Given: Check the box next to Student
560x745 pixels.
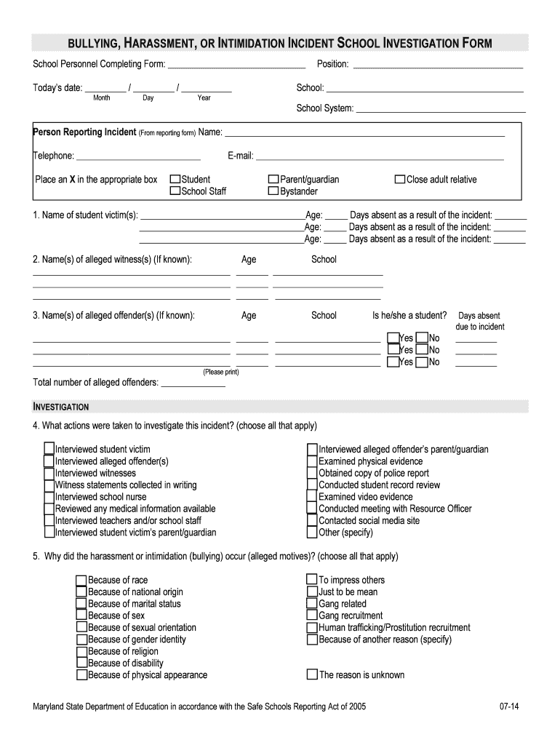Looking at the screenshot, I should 175,180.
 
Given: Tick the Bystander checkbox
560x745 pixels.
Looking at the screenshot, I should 273,192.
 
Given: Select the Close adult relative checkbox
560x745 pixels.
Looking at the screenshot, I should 399,180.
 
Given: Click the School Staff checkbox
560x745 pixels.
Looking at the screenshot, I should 175,192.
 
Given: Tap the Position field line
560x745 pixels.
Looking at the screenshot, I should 437,67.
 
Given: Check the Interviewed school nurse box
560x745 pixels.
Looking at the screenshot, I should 49,497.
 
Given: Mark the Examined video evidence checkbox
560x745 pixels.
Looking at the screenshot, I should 312,497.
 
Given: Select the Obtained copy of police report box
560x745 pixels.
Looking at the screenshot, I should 312,473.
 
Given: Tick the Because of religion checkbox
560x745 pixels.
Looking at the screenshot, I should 81,651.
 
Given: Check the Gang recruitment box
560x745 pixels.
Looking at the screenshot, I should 312,615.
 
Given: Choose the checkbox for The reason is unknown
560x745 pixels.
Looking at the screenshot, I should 312,674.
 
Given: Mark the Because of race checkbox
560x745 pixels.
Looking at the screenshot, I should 81,580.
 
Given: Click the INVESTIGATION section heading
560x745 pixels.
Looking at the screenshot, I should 61,407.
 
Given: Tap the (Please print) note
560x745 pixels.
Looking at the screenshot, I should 220,372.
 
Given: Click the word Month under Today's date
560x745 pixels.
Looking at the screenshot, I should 102,97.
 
